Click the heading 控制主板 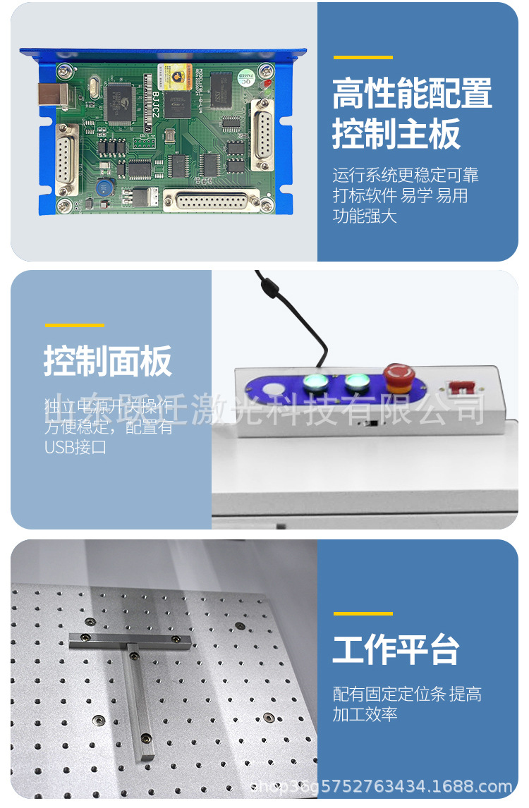click(x=396, y=134)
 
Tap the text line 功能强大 click(x=365, y=216)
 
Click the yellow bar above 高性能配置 click(x=363, y=57)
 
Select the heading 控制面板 click(x=108, y=362)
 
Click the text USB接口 click(x=75, y=447)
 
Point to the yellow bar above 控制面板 click(x=74, y=325)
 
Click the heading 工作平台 click(x=396, y=649)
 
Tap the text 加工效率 click(x=365, y=714)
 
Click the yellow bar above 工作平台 click(x=363, y=613)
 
